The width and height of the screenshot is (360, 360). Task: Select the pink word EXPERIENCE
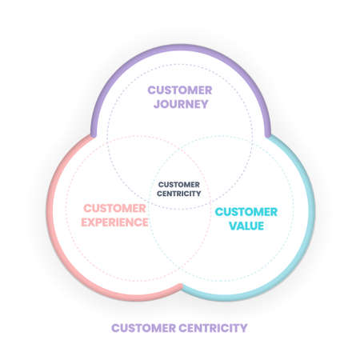point(115,222)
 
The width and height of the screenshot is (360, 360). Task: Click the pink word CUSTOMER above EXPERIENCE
point(115,208)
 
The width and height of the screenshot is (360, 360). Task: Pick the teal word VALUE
point(247,226)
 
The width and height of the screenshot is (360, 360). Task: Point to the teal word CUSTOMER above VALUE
point(247,211)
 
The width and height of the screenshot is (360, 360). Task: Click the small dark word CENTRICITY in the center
point(179,193)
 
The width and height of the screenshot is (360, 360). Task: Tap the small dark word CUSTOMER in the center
point(179,183)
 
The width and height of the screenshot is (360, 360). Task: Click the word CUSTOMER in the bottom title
point(139,327)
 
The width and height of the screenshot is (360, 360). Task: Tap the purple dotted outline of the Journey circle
point(180,65)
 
